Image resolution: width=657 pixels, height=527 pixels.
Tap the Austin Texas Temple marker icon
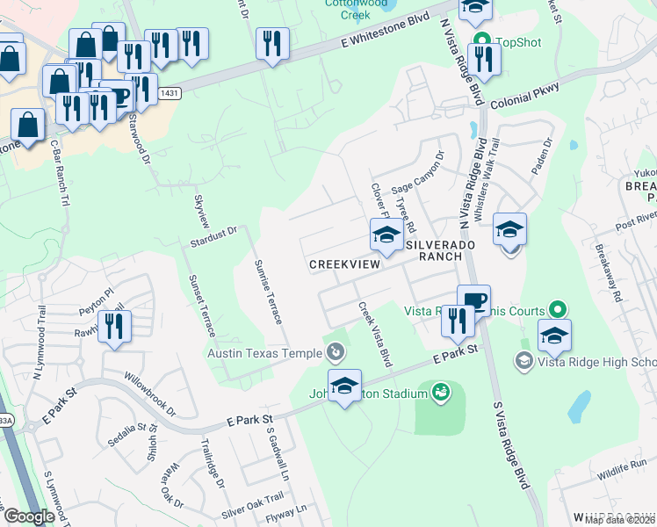click(335, 353)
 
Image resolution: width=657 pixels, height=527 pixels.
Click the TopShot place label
click(519, 42)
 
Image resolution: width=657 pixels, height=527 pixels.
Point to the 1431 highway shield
click(171, 93)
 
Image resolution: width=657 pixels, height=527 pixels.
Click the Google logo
click(28, 516)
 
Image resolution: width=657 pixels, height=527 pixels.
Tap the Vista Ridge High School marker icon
click(524, 361)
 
